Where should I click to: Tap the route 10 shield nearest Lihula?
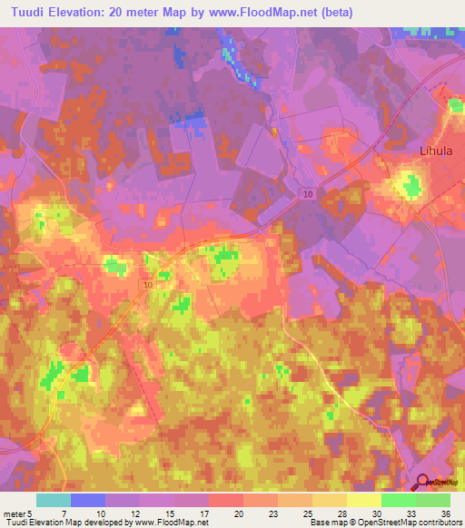[308, 194]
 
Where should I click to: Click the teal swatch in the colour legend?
[53, 501]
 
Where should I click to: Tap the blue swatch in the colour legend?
[87, 501]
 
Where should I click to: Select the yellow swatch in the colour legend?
[363, 501]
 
